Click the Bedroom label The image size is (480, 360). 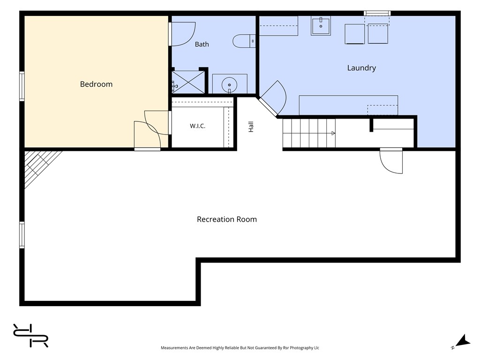tap(96, 84)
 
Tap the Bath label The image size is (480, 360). tap(202, 45)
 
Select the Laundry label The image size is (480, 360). tap(361, 68)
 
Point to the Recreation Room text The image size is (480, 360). tap(227, 219)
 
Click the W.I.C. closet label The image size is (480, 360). tap(197, 126)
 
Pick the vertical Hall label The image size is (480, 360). tap(251, 127)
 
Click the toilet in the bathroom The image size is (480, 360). tap(244, 41)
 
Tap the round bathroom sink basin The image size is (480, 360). tap(229, 84)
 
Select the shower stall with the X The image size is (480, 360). tap(188, 82)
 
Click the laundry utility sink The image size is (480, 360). tap(321, 26)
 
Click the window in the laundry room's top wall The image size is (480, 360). tap(377, 13)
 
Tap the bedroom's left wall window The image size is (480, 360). tap(22, 86)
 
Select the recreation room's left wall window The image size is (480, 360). tap(22, 235)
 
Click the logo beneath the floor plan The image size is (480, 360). tap(30, 336)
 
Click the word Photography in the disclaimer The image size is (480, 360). tap(301, 348)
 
